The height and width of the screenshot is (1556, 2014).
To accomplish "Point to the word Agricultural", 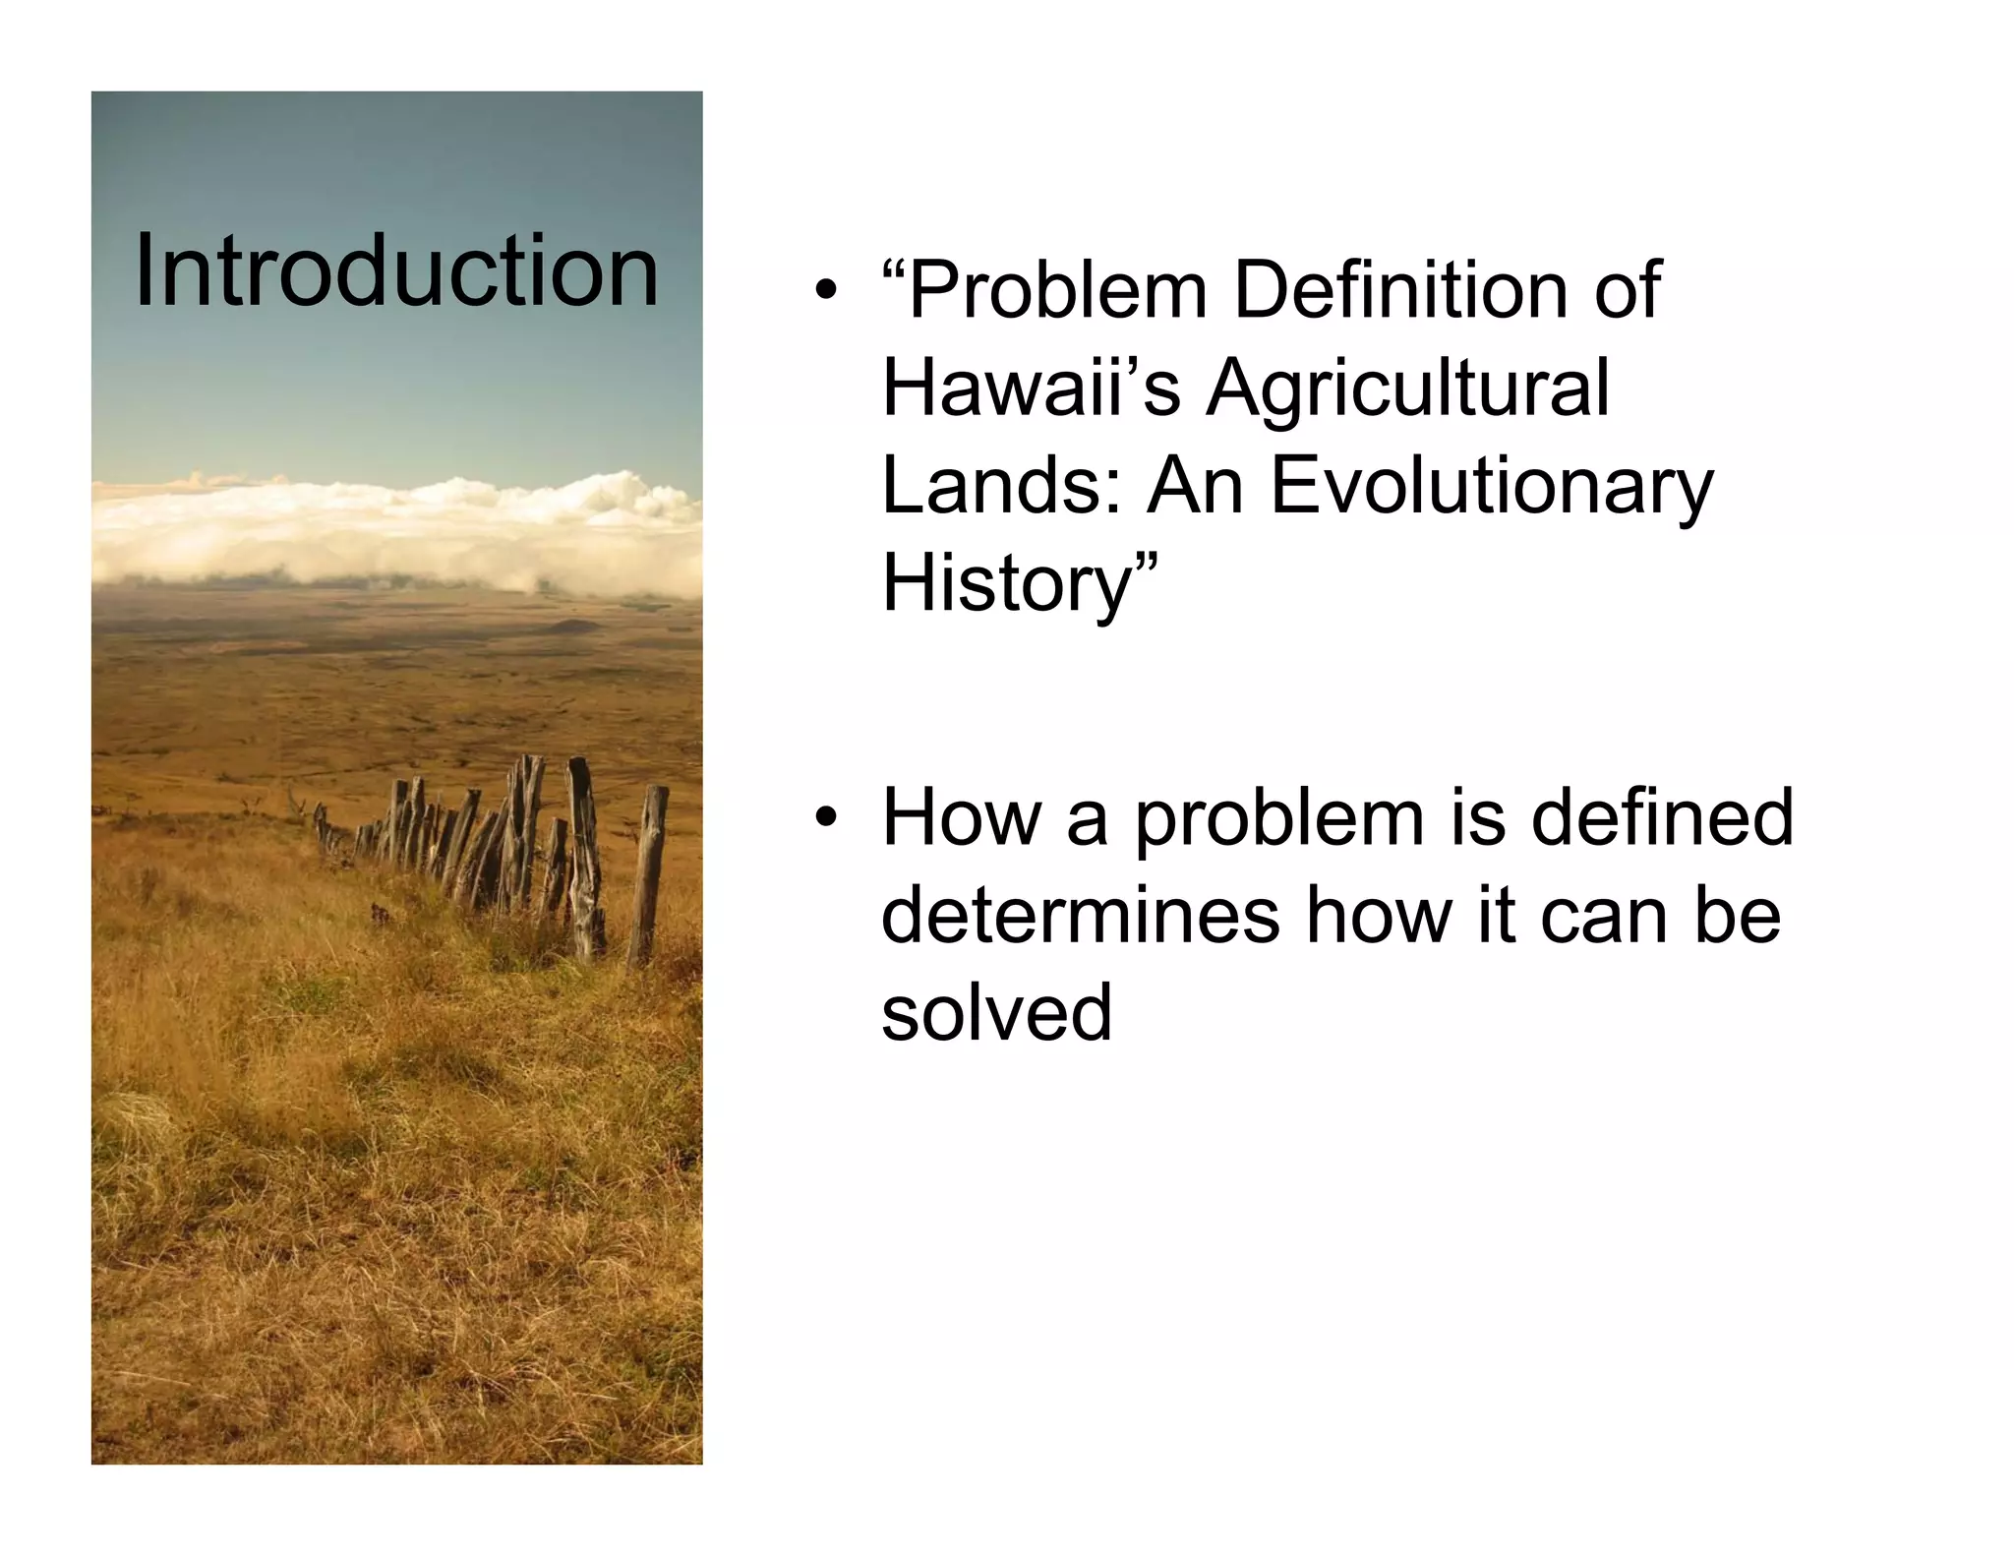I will (1408, 390).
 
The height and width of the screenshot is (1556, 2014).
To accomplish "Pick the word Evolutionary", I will (1491, 489).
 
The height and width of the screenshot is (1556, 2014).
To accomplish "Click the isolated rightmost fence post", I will (648, 875).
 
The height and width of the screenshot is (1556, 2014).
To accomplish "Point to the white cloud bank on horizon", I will (393, 531).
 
